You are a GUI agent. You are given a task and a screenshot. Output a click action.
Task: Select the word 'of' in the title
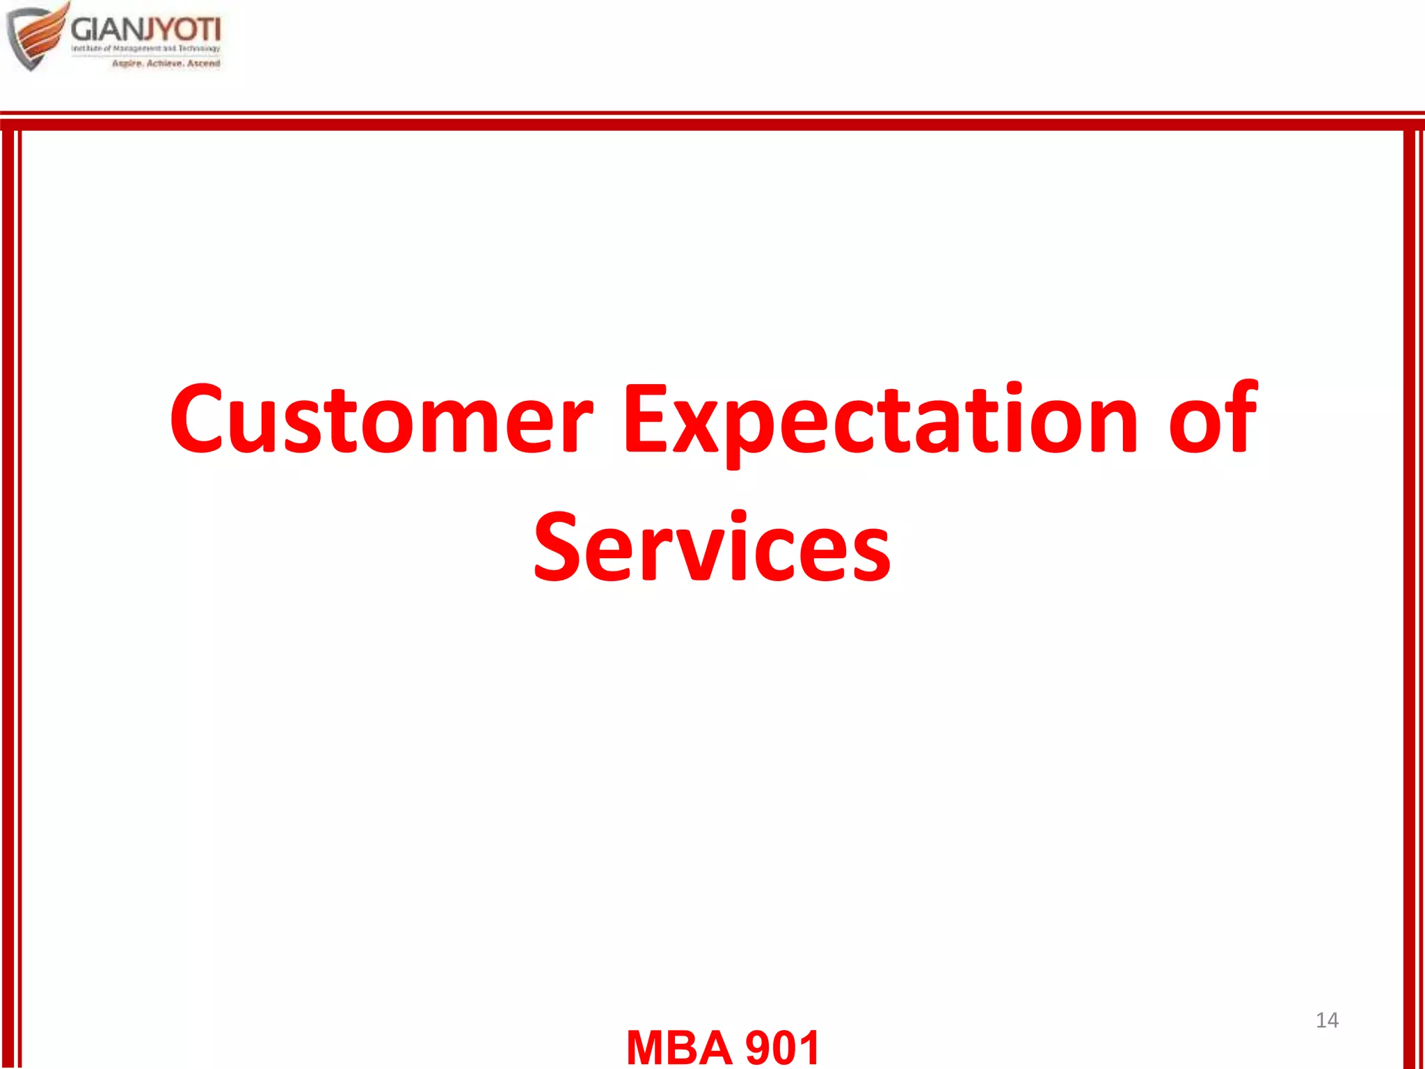point(1213,420)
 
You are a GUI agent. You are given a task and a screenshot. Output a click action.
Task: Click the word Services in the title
point(712,548)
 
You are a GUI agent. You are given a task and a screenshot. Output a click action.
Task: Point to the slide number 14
point(1327,1020)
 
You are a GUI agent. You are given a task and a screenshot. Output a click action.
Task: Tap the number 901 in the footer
point(782,1047)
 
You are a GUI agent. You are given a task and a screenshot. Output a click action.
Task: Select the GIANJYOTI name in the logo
point(145,29)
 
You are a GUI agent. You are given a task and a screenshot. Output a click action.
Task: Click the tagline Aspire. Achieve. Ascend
point(166,63)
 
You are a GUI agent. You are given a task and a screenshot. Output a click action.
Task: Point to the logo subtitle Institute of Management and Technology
point(145,49)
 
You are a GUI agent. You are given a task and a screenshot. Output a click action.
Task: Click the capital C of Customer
point(198,420)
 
